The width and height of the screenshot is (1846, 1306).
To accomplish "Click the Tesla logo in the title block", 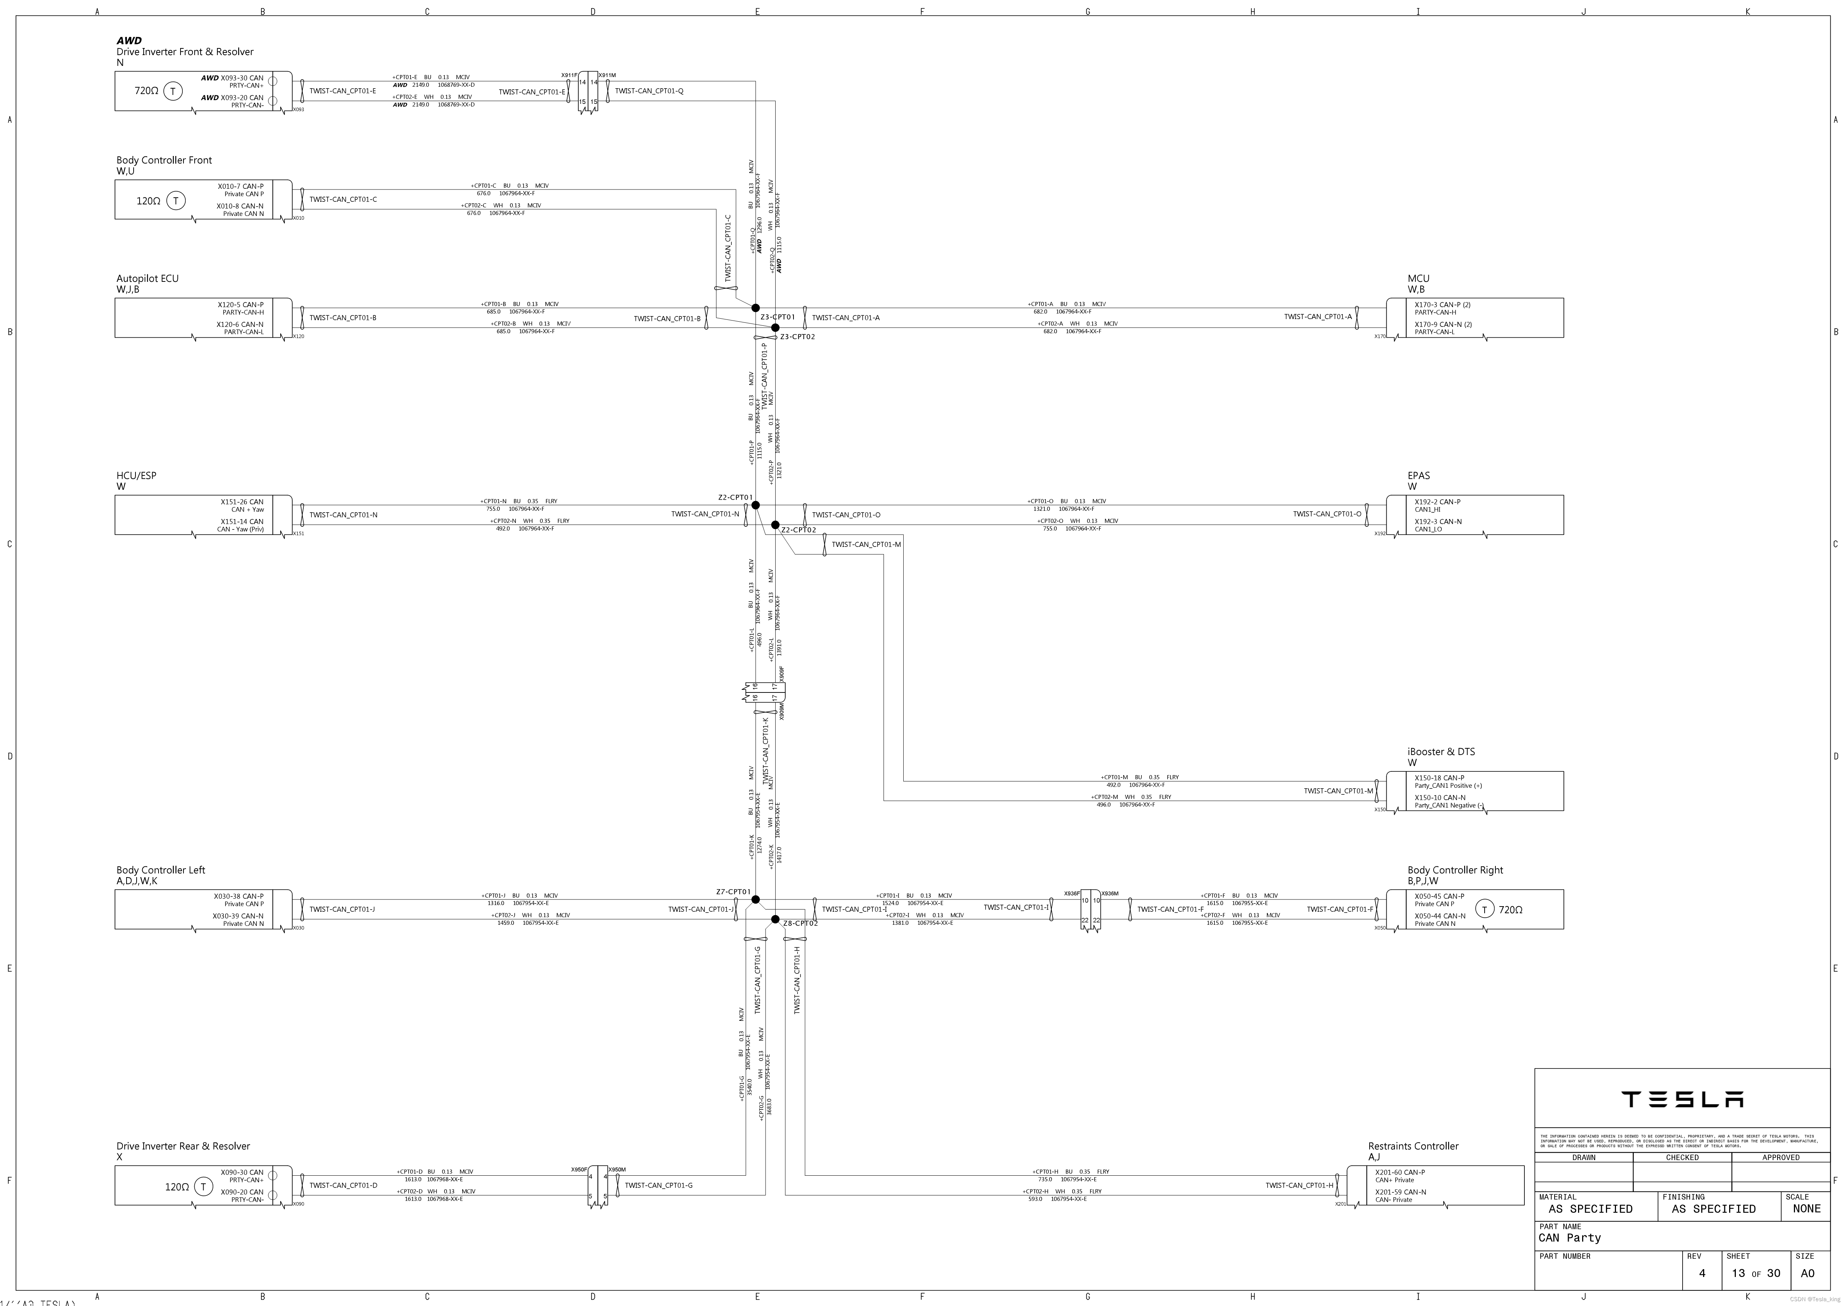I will point(1682,1099).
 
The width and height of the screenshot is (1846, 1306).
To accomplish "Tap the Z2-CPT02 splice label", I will point(798,530).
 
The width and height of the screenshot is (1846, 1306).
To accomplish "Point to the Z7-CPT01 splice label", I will point(733,892).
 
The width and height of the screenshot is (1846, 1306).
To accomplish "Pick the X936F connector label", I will point(1072,894).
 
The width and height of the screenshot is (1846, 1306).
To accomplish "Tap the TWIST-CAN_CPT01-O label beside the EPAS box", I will point(1326,514).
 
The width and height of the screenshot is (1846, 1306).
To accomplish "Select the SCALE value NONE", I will point(1806,1209).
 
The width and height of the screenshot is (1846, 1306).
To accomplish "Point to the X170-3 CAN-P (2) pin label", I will point(1443,305).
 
